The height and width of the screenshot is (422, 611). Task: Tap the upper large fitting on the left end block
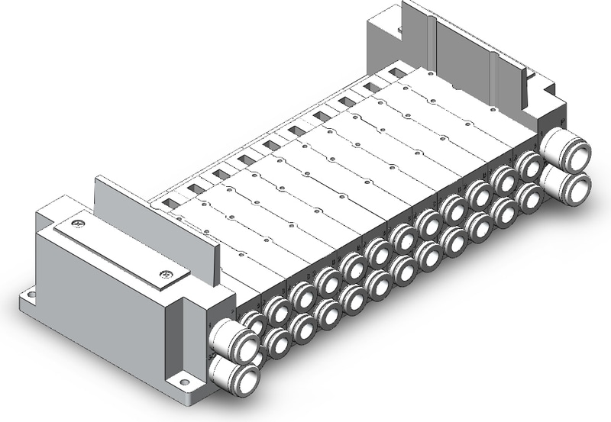click(228, 337)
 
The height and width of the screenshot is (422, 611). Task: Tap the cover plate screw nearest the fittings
click(165, 274)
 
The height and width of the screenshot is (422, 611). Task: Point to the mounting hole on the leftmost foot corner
click(30, 292)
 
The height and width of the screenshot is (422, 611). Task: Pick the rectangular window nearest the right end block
click(395, 73)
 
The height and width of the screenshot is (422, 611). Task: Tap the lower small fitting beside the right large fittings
click(529, 195)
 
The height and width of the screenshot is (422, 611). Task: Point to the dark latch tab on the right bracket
click(525, 74)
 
